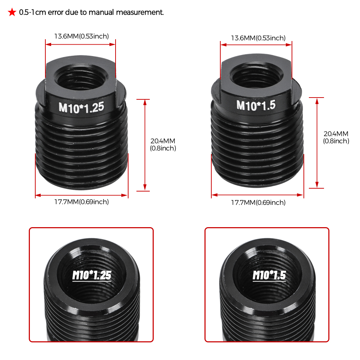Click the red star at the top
pos(12,12)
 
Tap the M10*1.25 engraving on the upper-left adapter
pos(81,108)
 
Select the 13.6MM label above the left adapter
pos(67,36)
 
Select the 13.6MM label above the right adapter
pos(243,38)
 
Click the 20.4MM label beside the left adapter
pos(163,141)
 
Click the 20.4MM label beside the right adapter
pos(336,134)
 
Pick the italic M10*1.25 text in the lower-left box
pos(92,276)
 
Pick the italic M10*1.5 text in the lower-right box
pos(269,276)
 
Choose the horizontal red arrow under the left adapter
pos(81,195)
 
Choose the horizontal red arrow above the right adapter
pos(256,45)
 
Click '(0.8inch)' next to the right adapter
pos(336,141)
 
